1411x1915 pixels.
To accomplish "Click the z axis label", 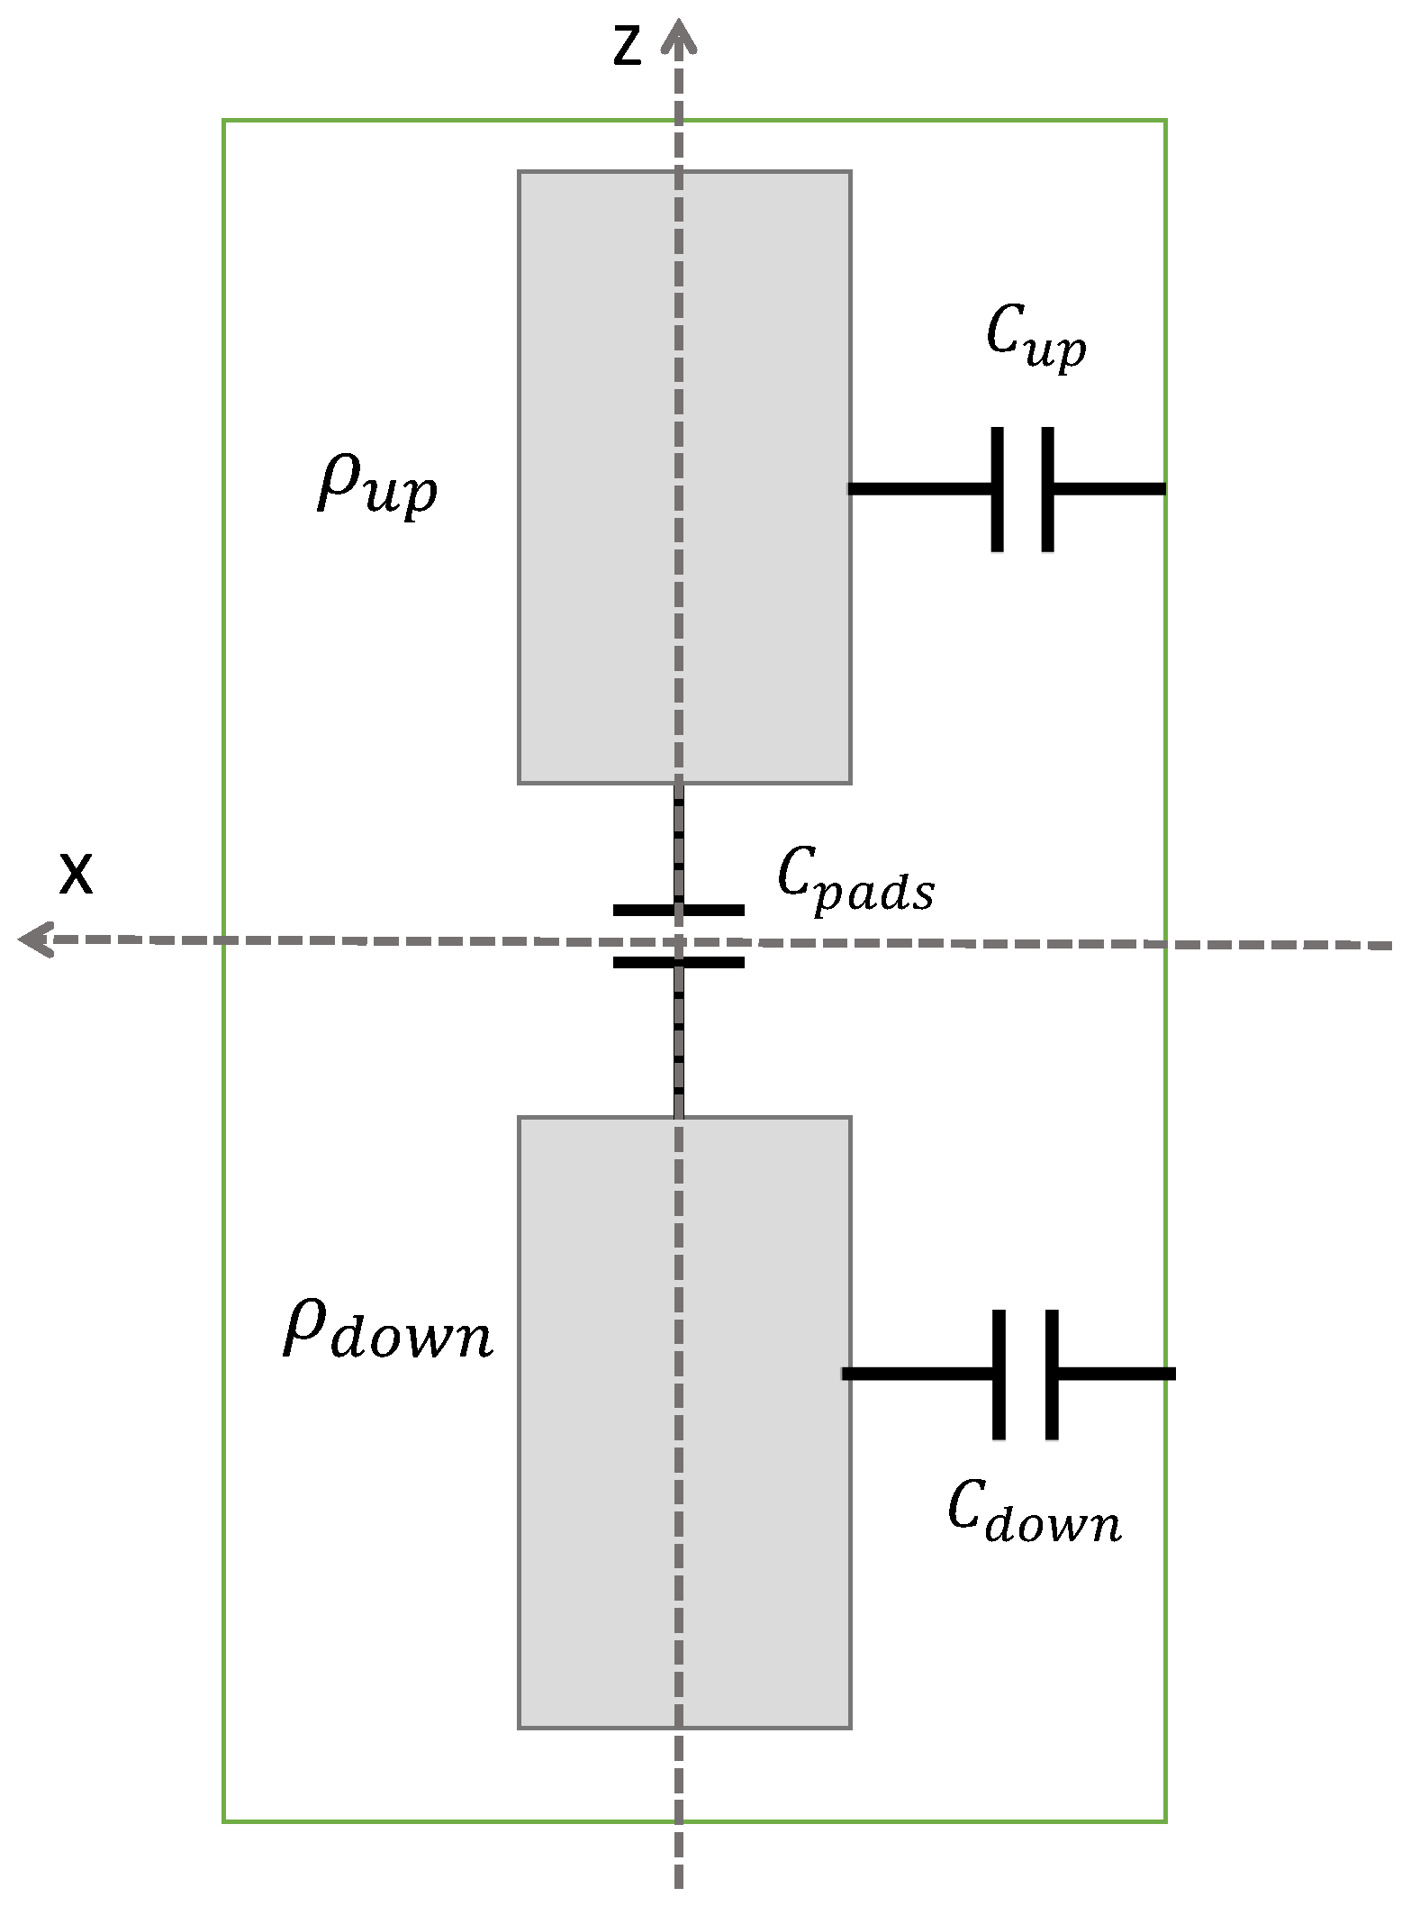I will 627,45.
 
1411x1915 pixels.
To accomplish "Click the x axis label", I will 76,874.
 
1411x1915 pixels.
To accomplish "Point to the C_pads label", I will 855,881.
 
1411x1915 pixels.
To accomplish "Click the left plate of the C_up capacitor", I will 997,489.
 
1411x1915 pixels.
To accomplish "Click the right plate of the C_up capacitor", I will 1048,489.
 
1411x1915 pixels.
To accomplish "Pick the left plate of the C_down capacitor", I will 999,1375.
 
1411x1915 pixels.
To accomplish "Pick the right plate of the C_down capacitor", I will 1052,1375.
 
